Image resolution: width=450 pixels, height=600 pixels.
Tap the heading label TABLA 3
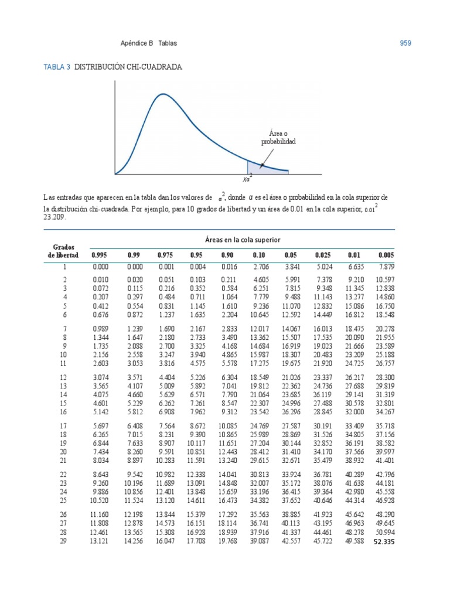[57, 67]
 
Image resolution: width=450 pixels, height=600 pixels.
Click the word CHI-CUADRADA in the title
[157, 67]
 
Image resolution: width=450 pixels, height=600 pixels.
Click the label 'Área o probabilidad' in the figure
[278, 138]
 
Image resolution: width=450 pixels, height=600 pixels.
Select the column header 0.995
[100, 255]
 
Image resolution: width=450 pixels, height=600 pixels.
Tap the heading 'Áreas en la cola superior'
[243, 240]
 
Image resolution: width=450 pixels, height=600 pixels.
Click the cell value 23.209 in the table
[354, 354]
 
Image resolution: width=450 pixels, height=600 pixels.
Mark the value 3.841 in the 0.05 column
[292, 267]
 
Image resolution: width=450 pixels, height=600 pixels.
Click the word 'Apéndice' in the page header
[132, 43]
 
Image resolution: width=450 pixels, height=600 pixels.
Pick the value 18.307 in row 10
[291, 354]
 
